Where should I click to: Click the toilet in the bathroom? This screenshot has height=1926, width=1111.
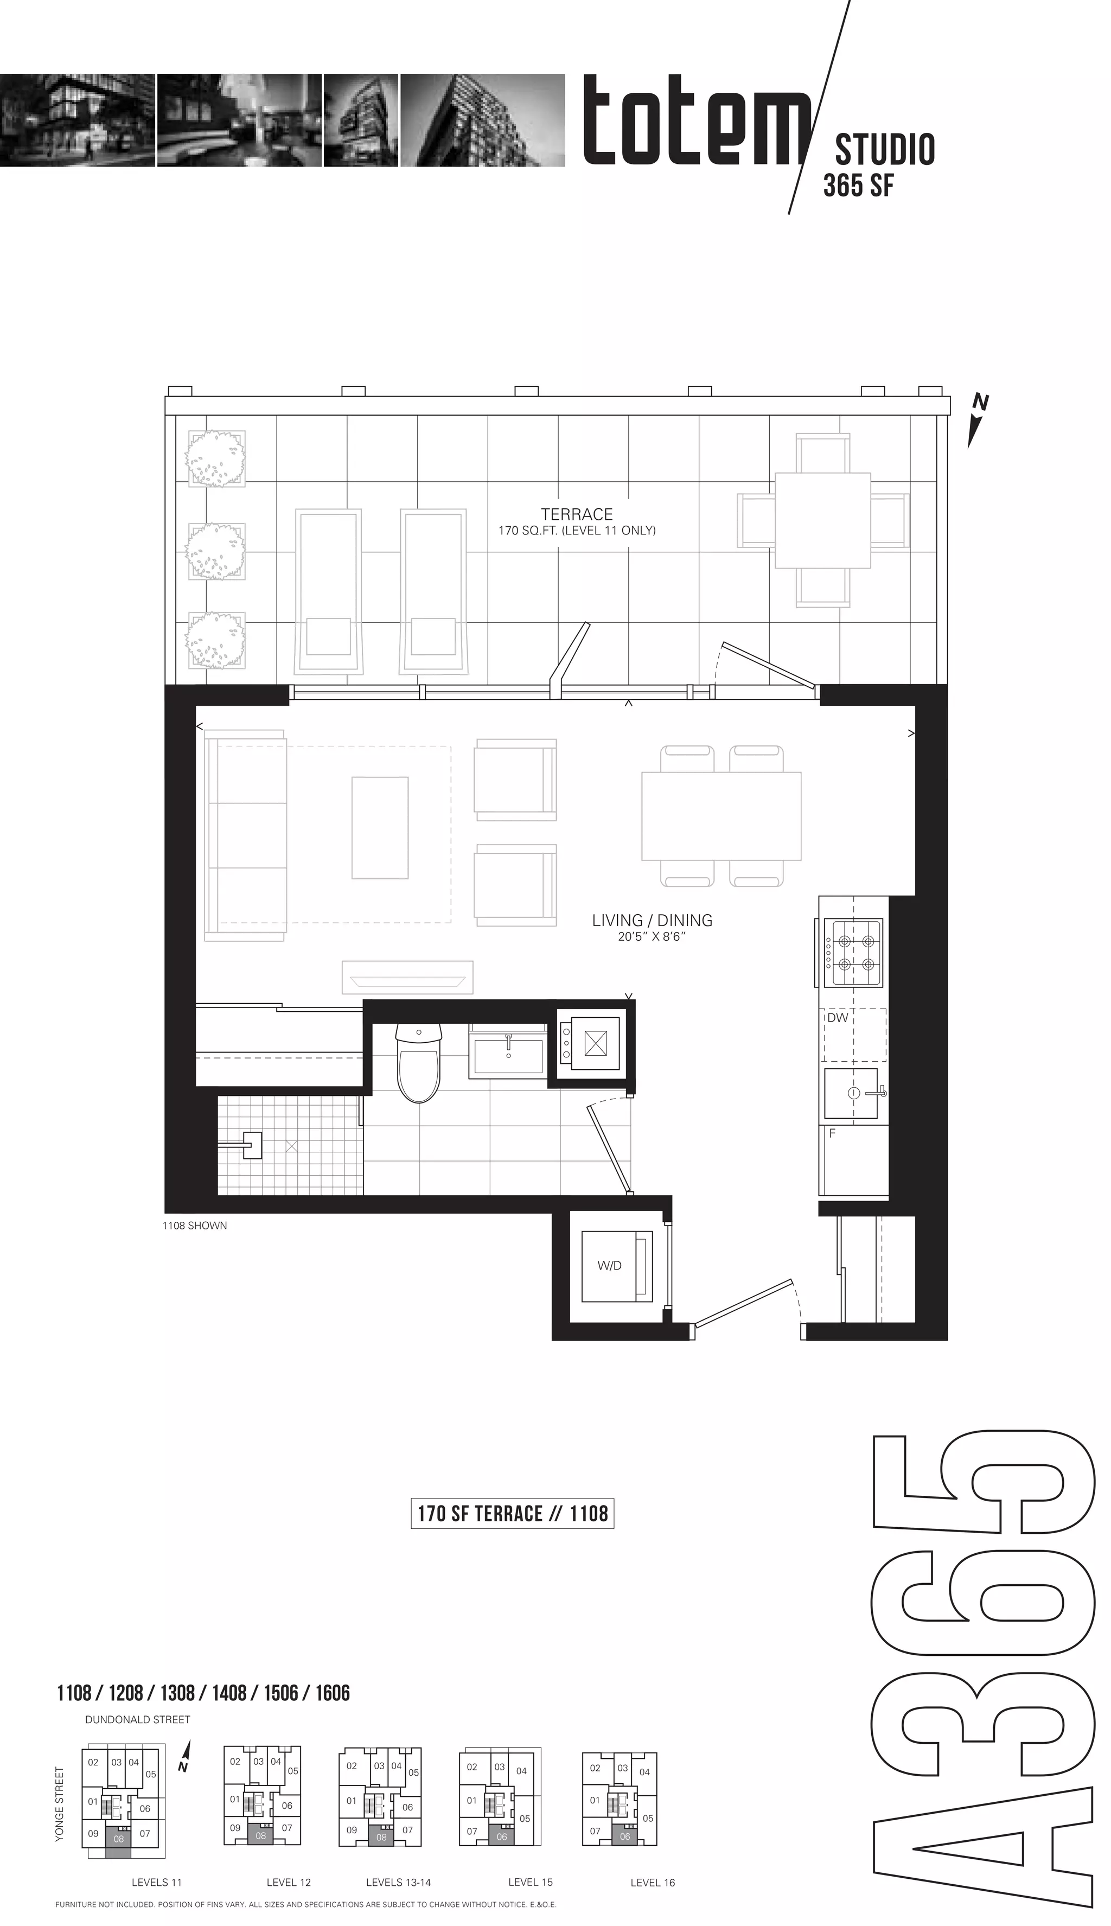tap(419, 1062)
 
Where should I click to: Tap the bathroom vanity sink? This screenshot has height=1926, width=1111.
tap(509, 1053)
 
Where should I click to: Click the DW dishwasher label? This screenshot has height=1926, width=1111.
tap(838, 1017)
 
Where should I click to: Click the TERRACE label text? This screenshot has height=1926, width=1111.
tap(577, 514)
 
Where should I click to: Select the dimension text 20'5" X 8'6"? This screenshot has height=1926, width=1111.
tap(653, 937)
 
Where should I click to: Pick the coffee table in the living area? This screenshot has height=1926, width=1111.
tap(380, 828)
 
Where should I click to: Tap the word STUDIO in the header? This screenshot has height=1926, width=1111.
tap(885, 150)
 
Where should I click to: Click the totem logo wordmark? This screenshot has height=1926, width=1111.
tap(696, 120)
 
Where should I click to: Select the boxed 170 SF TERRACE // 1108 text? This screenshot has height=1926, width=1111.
tap(512, 1513)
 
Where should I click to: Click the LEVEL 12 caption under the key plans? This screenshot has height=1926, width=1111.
tap(289, 1883)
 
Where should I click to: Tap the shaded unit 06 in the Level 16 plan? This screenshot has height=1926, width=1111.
tap(625, 1836)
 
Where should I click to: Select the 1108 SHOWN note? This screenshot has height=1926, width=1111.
tap(195, 1226)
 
